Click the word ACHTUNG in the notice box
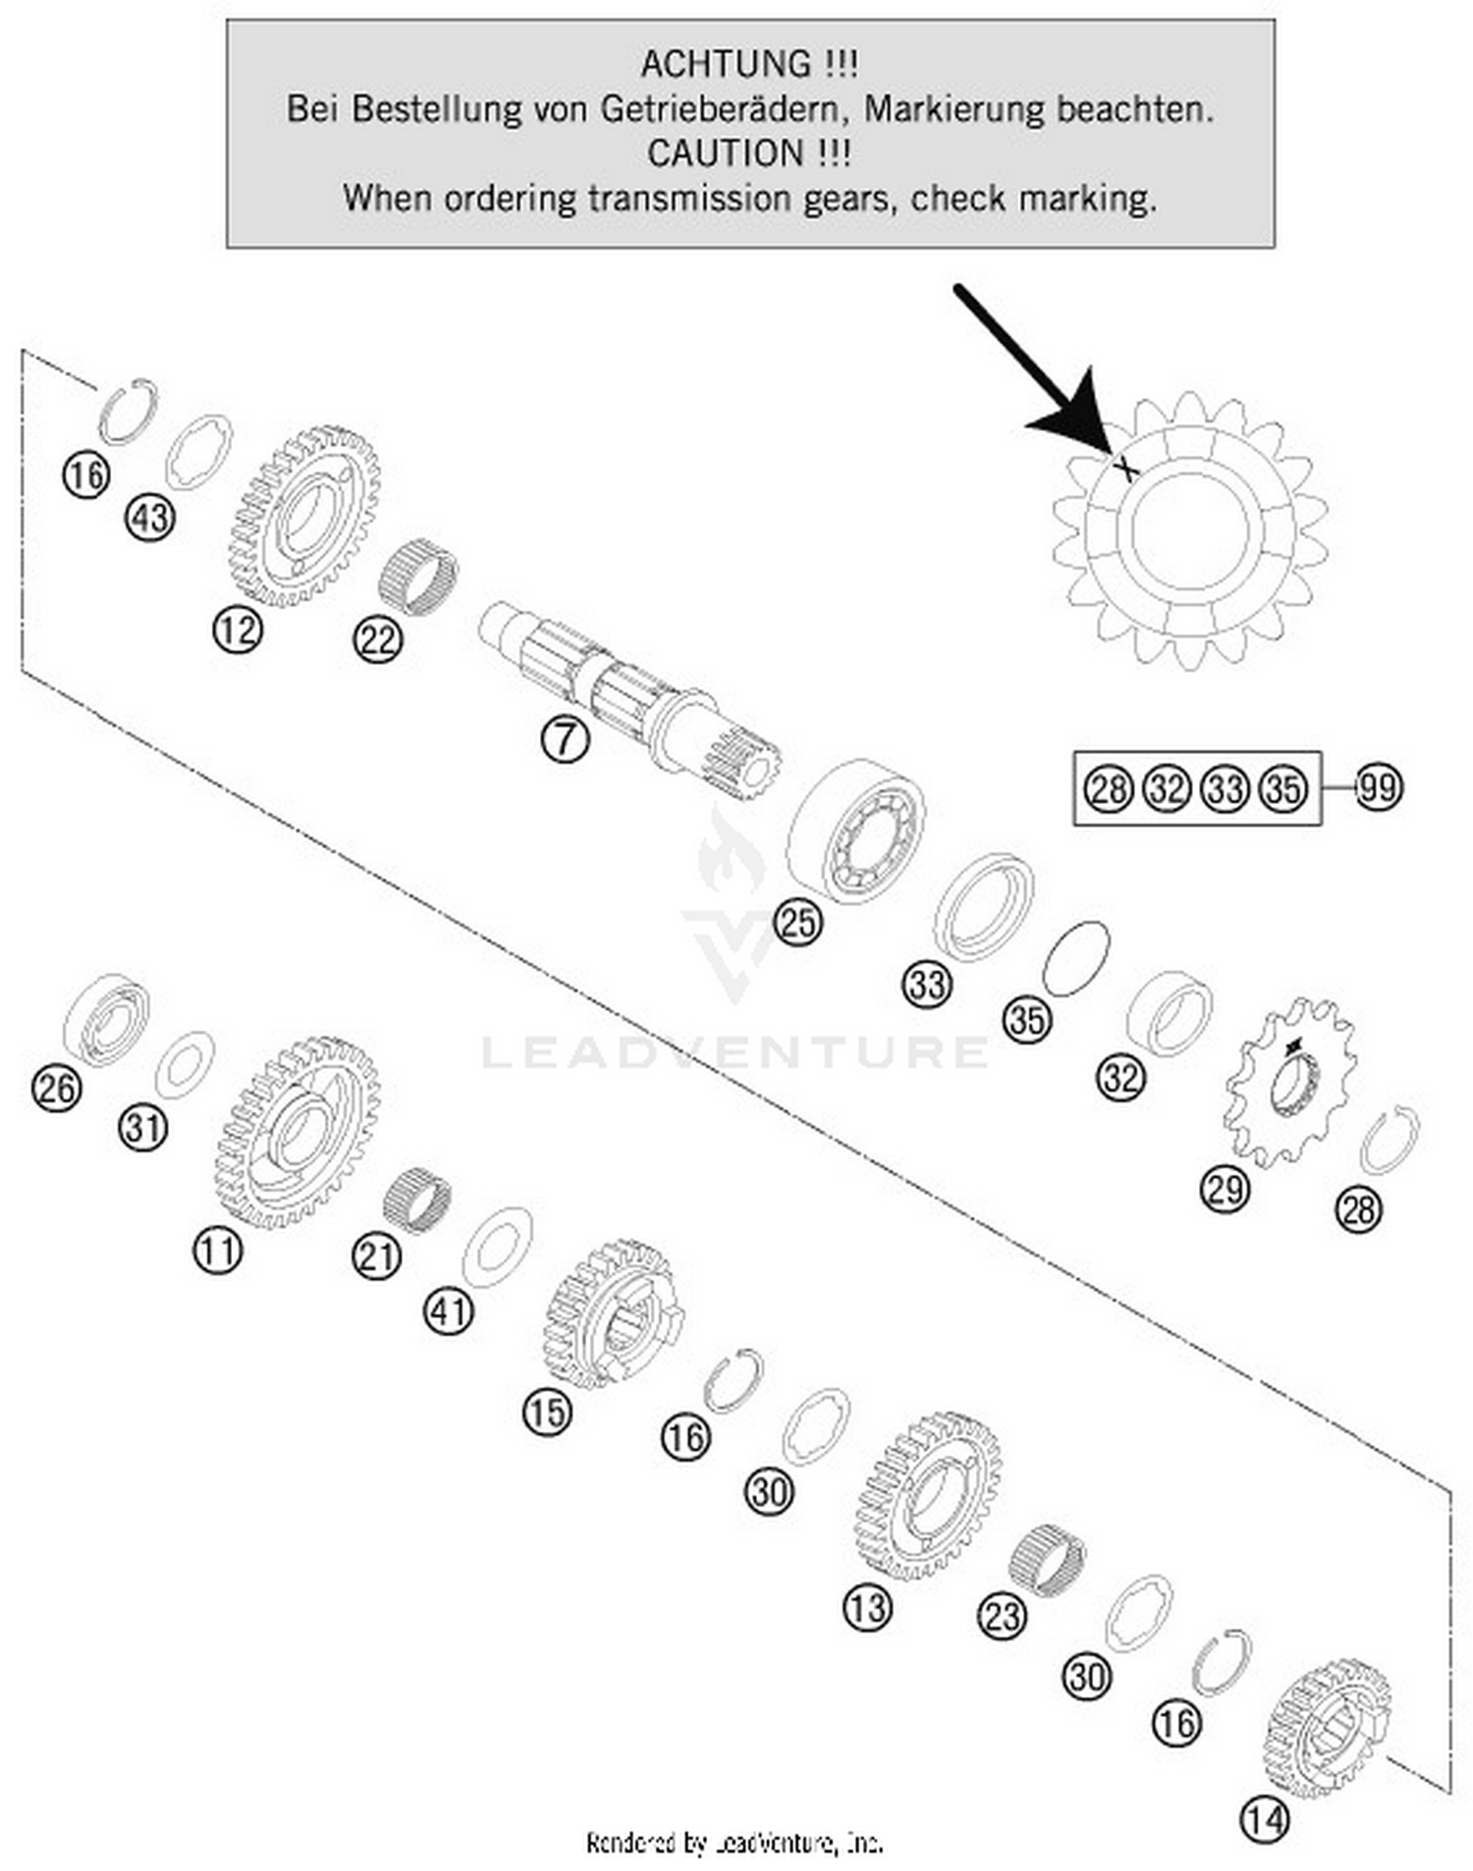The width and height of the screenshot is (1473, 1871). point(726,65)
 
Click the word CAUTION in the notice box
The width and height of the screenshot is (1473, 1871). point(725,154)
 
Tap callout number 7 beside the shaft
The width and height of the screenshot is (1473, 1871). point(565,739)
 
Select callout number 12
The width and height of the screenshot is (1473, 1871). point(237,630)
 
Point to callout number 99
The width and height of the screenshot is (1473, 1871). point(1378,788)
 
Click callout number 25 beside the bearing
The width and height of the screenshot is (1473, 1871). point(797,923)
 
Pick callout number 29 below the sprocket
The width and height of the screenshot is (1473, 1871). point(1225,1190)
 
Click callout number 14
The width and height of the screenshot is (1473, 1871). point(1264,1821)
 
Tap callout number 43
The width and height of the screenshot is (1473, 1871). point(150,517)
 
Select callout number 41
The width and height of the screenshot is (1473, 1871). point(448,1311)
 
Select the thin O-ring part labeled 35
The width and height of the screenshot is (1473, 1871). point(1075,958)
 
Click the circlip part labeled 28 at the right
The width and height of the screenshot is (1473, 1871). point(1390,1140)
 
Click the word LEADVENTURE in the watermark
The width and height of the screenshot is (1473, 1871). point(735,1052)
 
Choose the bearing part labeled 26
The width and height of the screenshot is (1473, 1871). point(106,1021)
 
